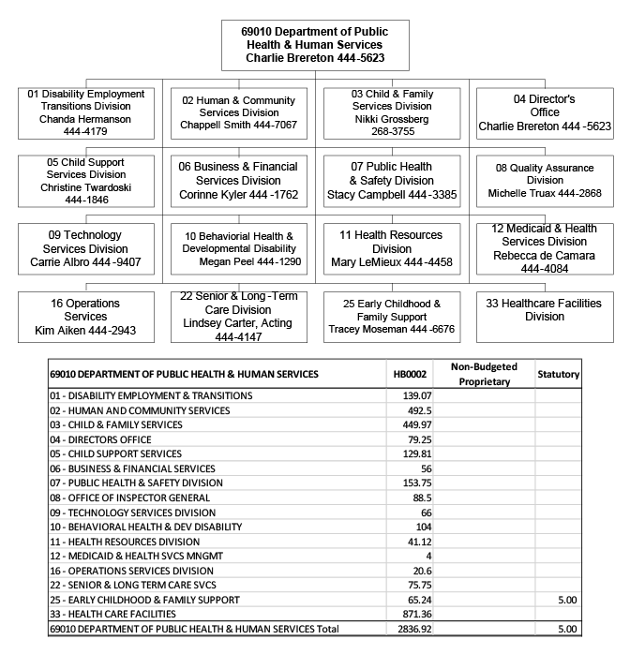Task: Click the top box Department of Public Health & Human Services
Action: tap(315, 45)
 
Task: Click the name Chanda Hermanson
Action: tap(86, 119)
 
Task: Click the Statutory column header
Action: tap(558, 374)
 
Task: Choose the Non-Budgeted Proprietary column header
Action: tap(485, 374)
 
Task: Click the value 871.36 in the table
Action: tap(412, 614)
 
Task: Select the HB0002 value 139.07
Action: tap(412, 395)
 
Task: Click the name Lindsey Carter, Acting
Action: tap(236, 322)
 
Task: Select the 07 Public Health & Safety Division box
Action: tap(394, 181)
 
